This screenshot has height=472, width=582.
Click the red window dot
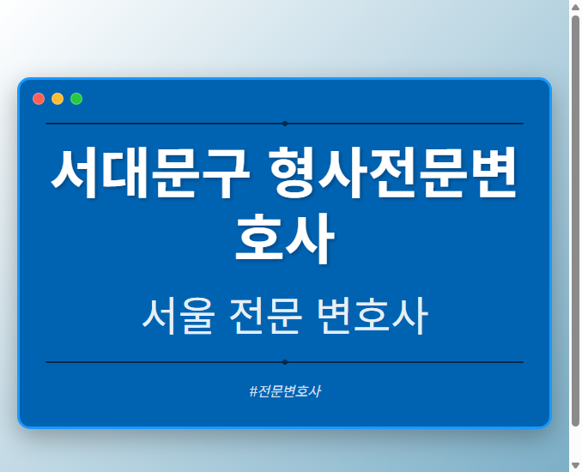click(39, 99)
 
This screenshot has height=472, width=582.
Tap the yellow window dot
click(58, 99)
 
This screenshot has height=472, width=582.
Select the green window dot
click(76, 99)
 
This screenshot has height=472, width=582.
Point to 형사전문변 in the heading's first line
click(393, 172)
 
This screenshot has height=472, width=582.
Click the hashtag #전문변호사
click(284, 391)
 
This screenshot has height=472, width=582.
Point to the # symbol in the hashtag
click(253, 391)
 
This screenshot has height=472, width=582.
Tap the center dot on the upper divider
click(284, 124)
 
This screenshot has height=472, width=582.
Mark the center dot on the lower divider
click(284, 362)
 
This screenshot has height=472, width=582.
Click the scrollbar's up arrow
click(575, 7)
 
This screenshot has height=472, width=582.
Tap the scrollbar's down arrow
click(575, 465)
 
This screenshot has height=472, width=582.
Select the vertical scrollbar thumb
click(575, 219)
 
